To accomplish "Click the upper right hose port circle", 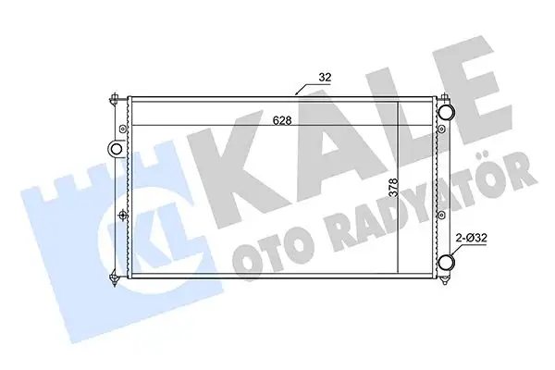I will tap(447, 112).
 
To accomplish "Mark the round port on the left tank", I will tap(117, 148).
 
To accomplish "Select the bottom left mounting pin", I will tap(112, 274).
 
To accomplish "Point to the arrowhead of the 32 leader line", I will tap(296, 93).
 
